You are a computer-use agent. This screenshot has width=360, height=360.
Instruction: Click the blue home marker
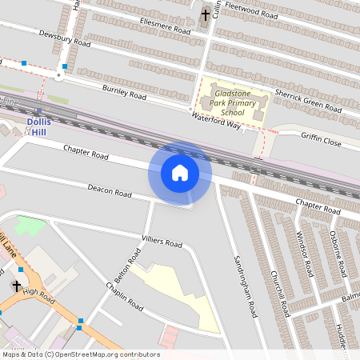click(180, 173)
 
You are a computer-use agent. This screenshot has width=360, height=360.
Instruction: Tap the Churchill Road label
click(278, 293)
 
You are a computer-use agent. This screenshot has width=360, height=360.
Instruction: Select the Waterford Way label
click(216, 120)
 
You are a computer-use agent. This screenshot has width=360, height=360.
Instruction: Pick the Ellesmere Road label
click(164, 26)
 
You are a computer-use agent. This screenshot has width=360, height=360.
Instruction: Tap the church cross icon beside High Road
click(17, 286)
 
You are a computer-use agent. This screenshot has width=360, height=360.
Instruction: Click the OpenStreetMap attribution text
click(80, 354)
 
